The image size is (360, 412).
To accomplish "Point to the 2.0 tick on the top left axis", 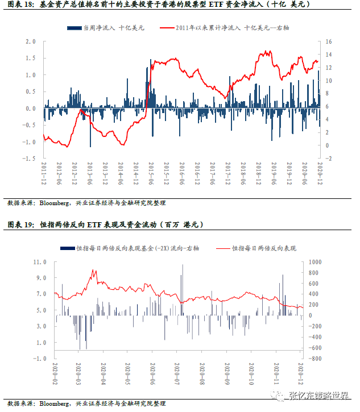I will [31, 42].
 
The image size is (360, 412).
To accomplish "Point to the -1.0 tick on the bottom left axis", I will [40, 359].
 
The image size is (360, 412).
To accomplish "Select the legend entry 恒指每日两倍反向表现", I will [262, 248].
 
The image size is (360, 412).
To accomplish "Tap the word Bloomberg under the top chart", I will [55, 203].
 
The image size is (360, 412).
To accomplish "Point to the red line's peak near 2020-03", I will [93, 270].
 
